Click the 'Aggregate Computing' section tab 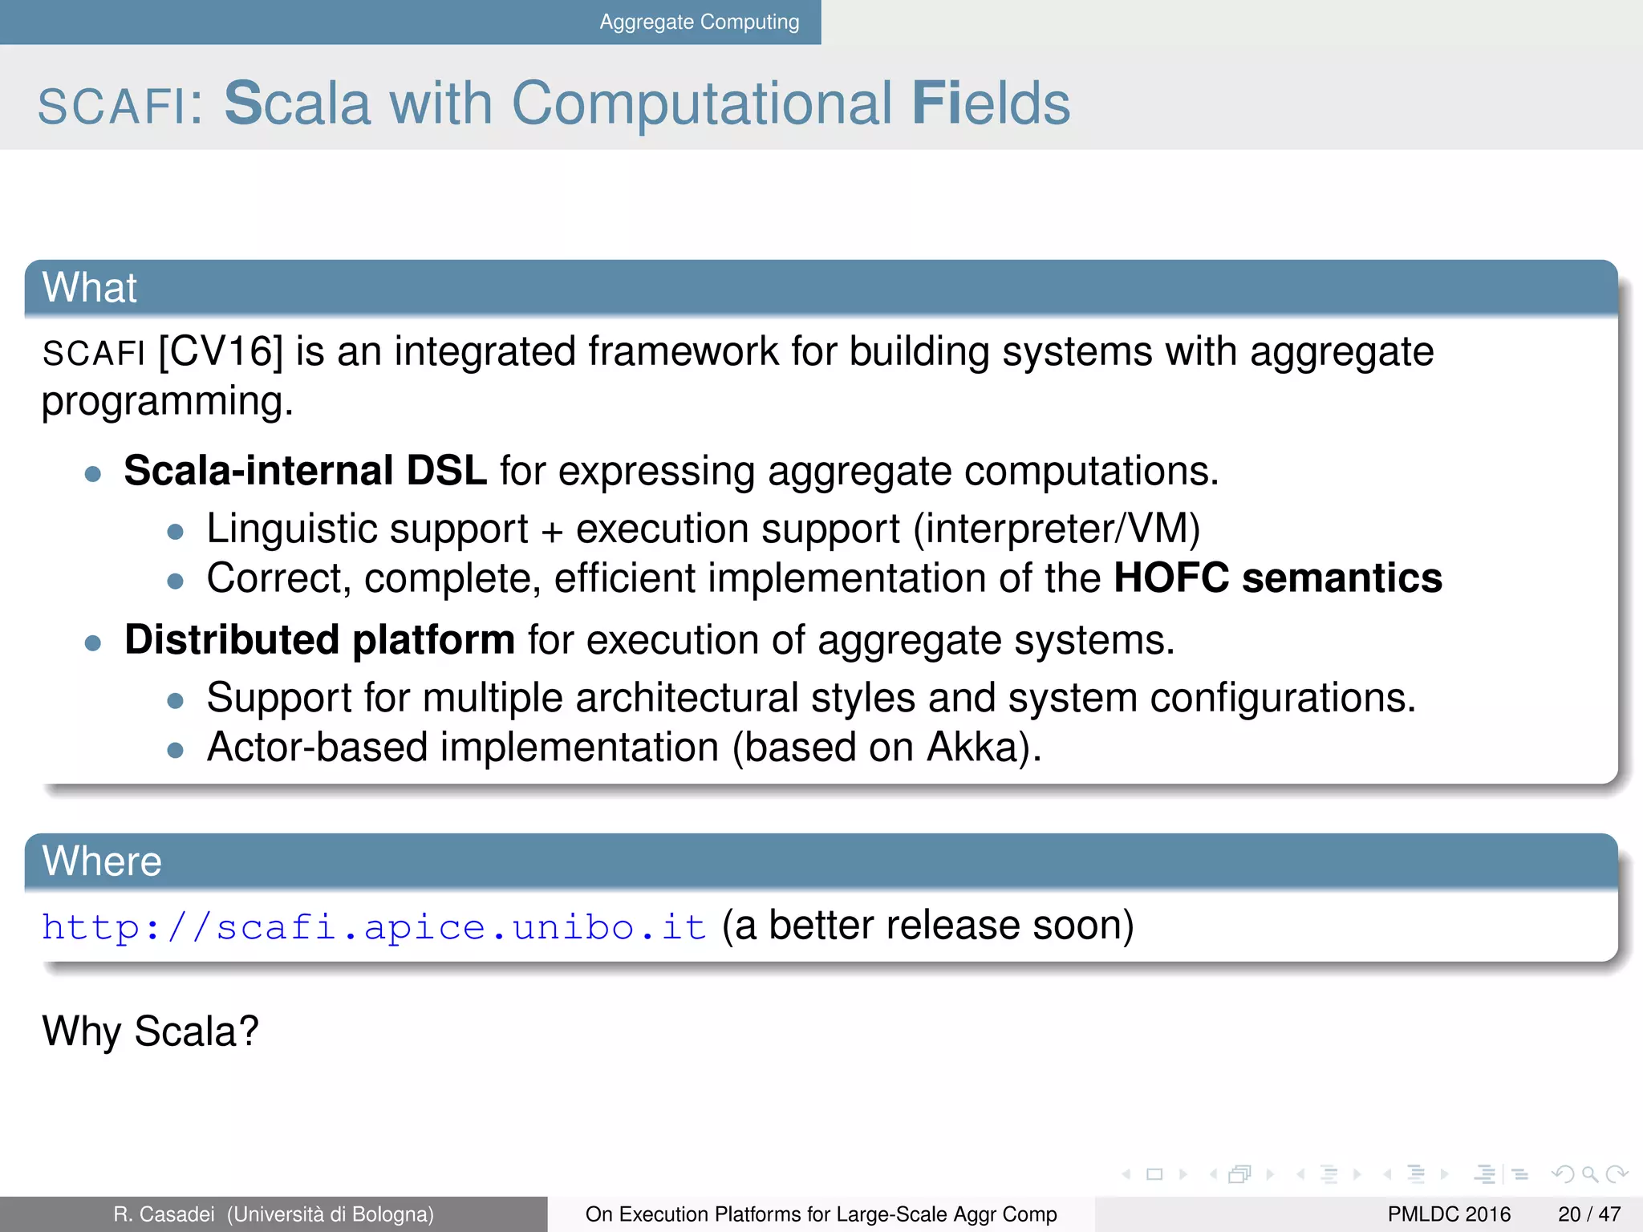699,22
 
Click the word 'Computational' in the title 701,103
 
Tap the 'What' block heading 90,288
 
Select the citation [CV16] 221,351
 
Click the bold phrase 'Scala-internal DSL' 305,471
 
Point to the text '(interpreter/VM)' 1057,529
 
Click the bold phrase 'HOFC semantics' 1277,578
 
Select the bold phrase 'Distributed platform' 319,640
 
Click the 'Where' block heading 102,861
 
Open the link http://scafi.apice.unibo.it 374,927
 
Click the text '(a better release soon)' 927,926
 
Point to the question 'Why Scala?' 151,1031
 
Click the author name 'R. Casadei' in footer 164,1214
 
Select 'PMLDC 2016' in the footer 1449,1214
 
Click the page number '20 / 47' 1588,1214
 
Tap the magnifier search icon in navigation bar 1590,1175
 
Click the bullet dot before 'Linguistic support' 176,531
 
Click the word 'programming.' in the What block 167,401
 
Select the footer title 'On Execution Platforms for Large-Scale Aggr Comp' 821,1214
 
